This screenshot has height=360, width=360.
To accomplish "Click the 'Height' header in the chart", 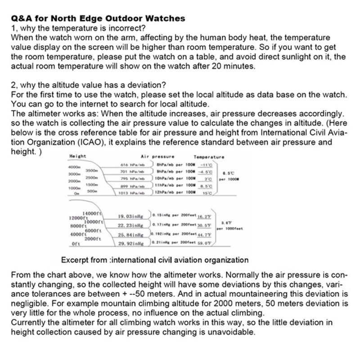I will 78,157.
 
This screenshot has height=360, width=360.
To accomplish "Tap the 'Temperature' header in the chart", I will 209,157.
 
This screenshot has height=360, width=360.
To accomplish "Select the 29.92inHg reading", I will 130,243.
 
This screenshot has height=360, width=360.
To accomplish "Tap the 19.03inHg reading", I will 130,216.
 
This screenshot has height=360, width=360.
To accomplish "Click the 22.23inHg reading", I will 130,225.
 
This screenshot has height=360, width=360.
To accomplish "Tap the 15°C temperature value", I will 207,193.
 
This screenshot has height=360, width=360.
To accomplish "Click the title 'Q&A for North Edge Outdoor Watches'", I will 98,19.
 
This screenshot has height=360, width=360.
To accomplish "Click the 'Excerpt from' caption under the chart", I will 154,260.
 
